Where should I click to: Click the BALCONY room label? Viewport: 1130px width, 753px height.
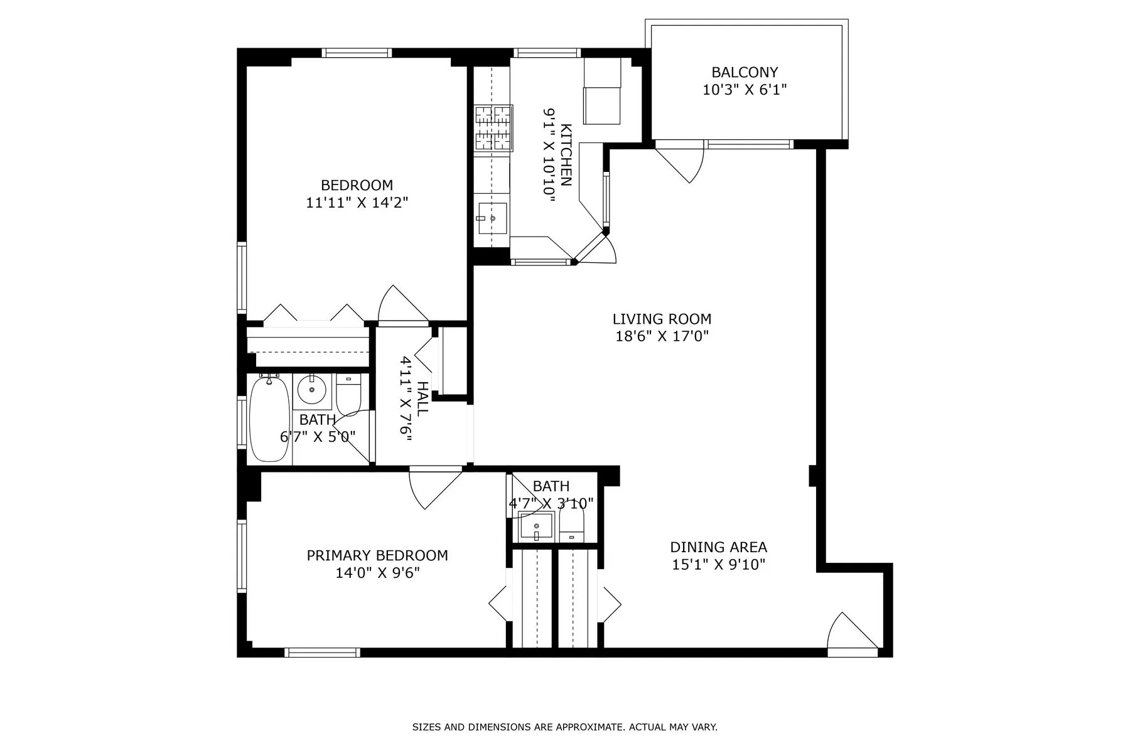tap(745, 72)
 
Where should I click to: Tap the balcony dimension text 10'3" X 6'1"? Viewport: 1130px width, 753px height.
tap(745, 90)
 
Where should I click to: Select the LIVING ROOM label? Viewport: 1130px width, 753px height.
tap(662, 319)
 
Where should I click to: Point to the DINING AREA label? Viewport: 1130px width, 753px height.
tap(718, 547)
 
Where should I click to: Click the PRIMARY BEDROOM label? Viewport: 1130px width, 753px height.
tap(377, 555)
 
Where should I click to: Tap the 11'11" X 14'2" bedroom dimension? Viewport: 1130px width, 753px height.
tap(357, 203)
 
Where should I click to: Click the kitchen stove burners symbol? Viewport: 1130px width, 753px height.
tap(493, 129)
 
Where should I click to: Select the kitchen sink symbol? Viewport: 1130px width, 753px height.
tap(492, 218)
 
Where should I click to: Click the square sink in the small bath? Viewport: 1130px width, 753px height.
tap(536, 526)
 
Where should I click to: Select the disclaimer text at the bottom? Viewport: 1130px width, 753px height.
tap(564, 727)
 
